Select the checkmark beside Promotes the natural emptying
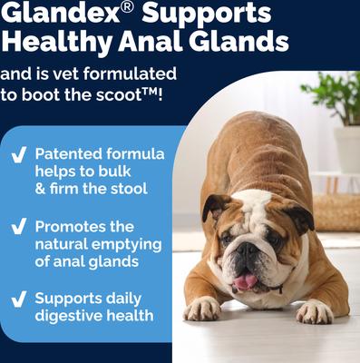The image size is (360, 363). click(x=17, y=226)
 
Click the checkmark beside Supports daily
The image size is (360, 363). click(x=17, y=298)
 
